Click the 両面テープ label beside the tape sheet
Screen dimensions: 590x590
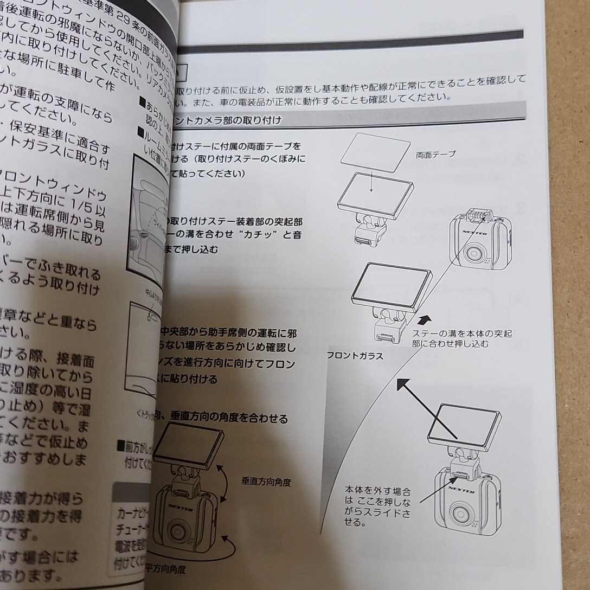[436, 154]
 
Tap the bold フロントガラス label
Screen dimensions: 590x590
[356, 356]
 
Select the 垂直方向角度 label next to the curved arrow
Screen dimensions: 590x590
[266, 482]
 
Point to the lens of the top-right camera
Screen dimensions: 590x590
[474, 252]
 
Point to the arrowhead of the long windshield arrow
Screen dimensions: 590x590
[402, 384]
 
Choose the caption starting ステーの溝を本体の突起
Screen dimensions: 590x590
[461, 338]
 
